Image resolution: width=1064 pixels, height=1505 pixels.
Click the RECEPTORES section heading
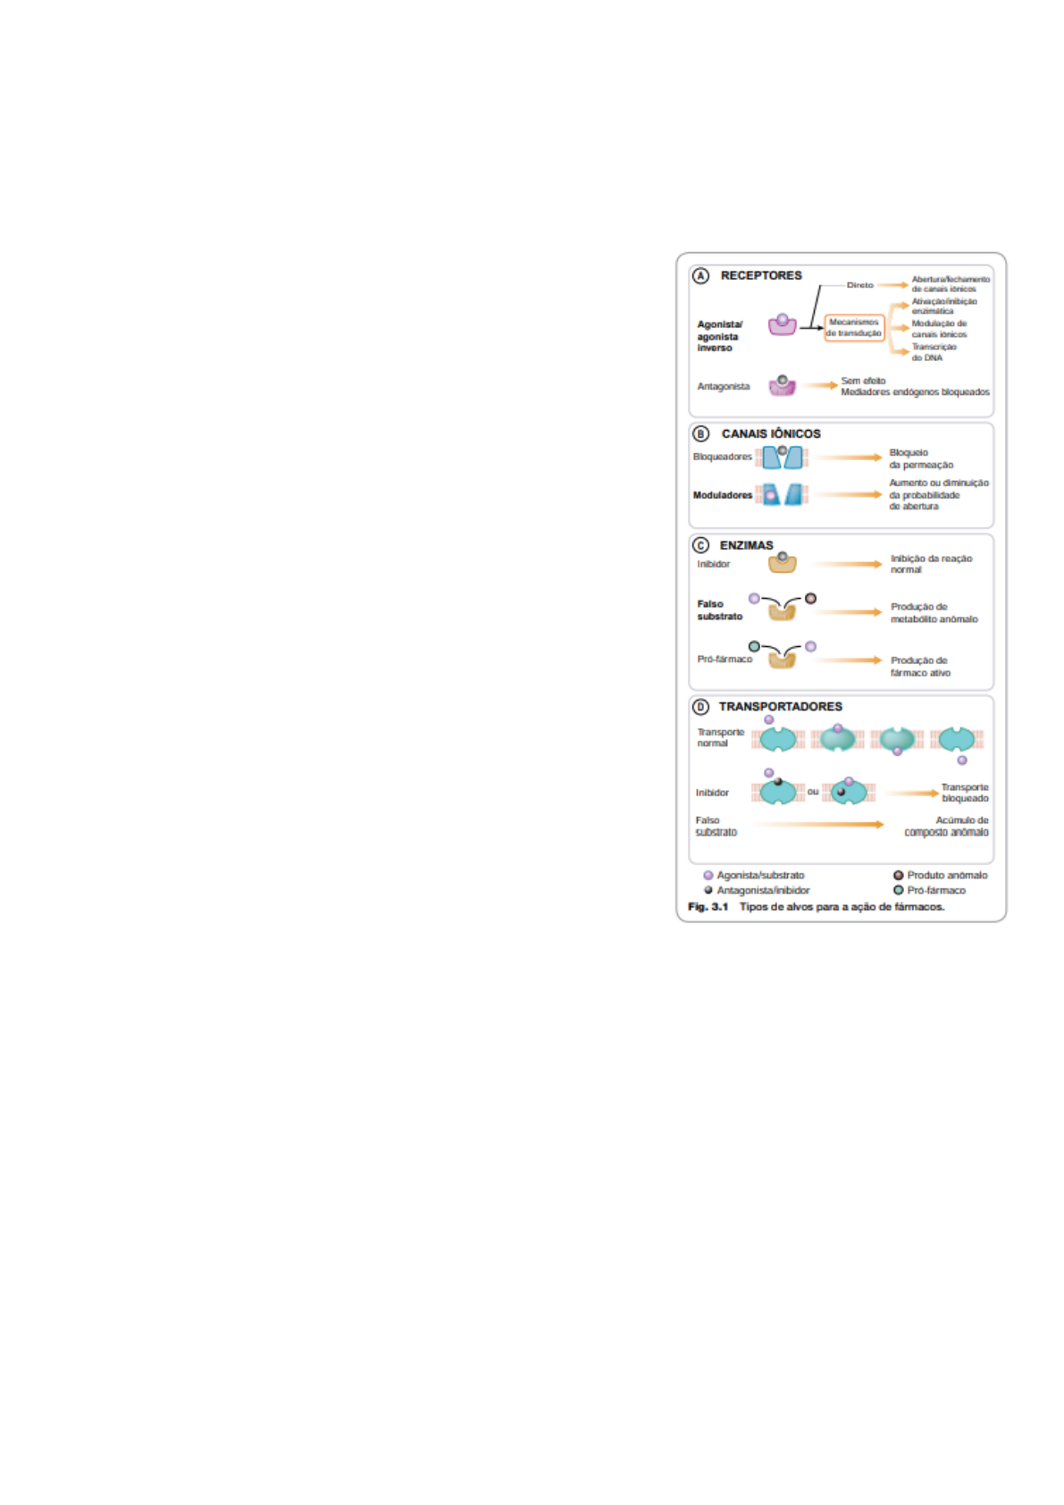(x=761, y=275)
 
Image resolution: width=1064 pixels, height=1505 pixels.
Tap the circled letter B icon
(x=701, y=433)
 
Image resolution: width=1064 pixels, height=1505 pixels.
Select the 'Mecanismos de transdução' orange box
(x=854, y=328)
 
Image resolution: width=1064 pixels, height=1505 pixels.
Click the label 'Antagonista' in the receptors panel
(x=724, y=386)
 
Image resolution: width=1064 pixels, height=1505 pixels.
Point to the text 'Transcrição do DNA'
(x=934, y=352)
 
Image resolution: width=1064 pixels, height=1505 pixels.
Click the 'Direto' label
(x=859, y=285)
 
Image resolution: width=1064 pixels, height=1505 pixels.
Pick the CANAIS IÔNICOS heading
(x=771, y=433)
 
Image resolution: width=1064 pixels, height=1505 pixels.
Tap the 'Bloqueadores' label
(x=723, y=457)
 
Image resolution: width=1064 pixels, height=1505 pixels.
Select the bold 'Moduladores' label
(x=723, y=495)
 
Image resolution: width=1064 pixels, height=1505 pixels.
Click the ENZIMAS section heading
(x=746, y=545)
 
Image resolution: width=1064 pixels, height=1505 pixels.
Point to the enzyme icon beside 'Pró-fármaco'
(x=782, y=660)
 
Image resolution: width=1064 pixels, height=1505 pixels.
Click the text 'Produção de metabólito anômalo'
(x=934, y=612)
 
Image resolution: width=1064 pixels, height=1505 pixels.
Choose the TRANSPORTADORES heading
(x=780, y=706)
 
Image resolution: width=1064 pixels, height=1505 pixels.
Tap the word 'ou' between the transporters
(x=813, y=792)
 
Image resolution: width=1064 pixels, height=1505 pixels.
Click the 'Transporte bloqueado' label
(x=965, y=793)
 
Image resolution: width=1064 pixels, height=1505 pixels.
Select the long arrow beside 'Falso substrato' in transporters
(x=820, y=825)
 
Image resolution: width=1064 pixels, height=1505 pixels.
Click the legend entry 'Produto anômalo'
(x=947, y=875)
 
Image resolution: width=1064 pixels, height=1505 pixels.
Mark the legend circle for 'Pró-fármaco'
(x=899, y=890)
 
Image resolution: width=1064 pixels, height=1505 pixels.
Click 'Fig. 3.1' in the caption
(x=708, y=906)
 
